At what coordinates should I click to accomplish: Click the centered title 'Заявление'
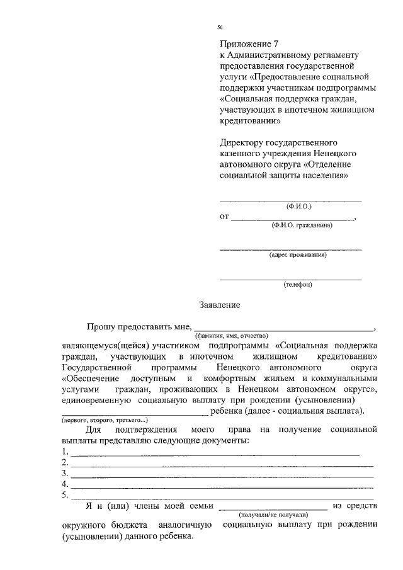point(219,305)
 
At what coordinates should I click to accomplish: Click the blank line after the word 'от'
point(293,220)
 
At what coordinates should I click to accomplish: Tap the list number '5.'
point(65,494)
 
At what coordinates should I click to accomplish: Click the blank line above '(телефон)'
point(290,278)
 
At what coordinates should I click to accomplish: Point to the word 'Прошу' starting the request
point(104,326)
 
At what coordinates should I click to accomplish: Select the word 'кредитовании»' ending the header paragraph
point(249,121)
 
